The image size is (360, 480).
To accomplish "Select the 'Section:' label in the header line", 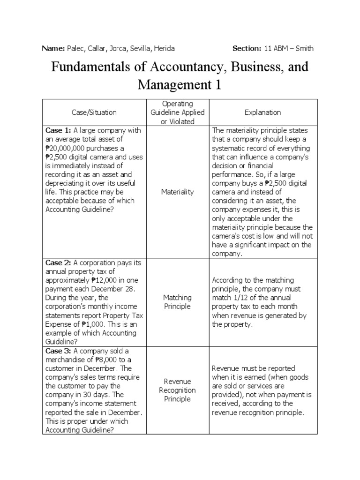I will pos(247,48).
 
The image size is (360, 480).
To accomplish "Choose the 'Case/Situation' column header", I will pos(94,112).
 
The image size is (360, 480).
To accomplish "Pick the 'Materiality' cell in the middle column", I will pos(178,192).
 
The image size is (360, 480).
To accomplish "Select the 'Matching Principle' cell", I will pos(177,302).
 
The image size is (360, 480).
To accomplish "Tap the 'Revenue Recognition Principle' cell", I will pos(177,390).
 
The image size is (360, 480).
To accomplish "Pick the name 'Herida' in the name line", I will pos(165,48).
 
